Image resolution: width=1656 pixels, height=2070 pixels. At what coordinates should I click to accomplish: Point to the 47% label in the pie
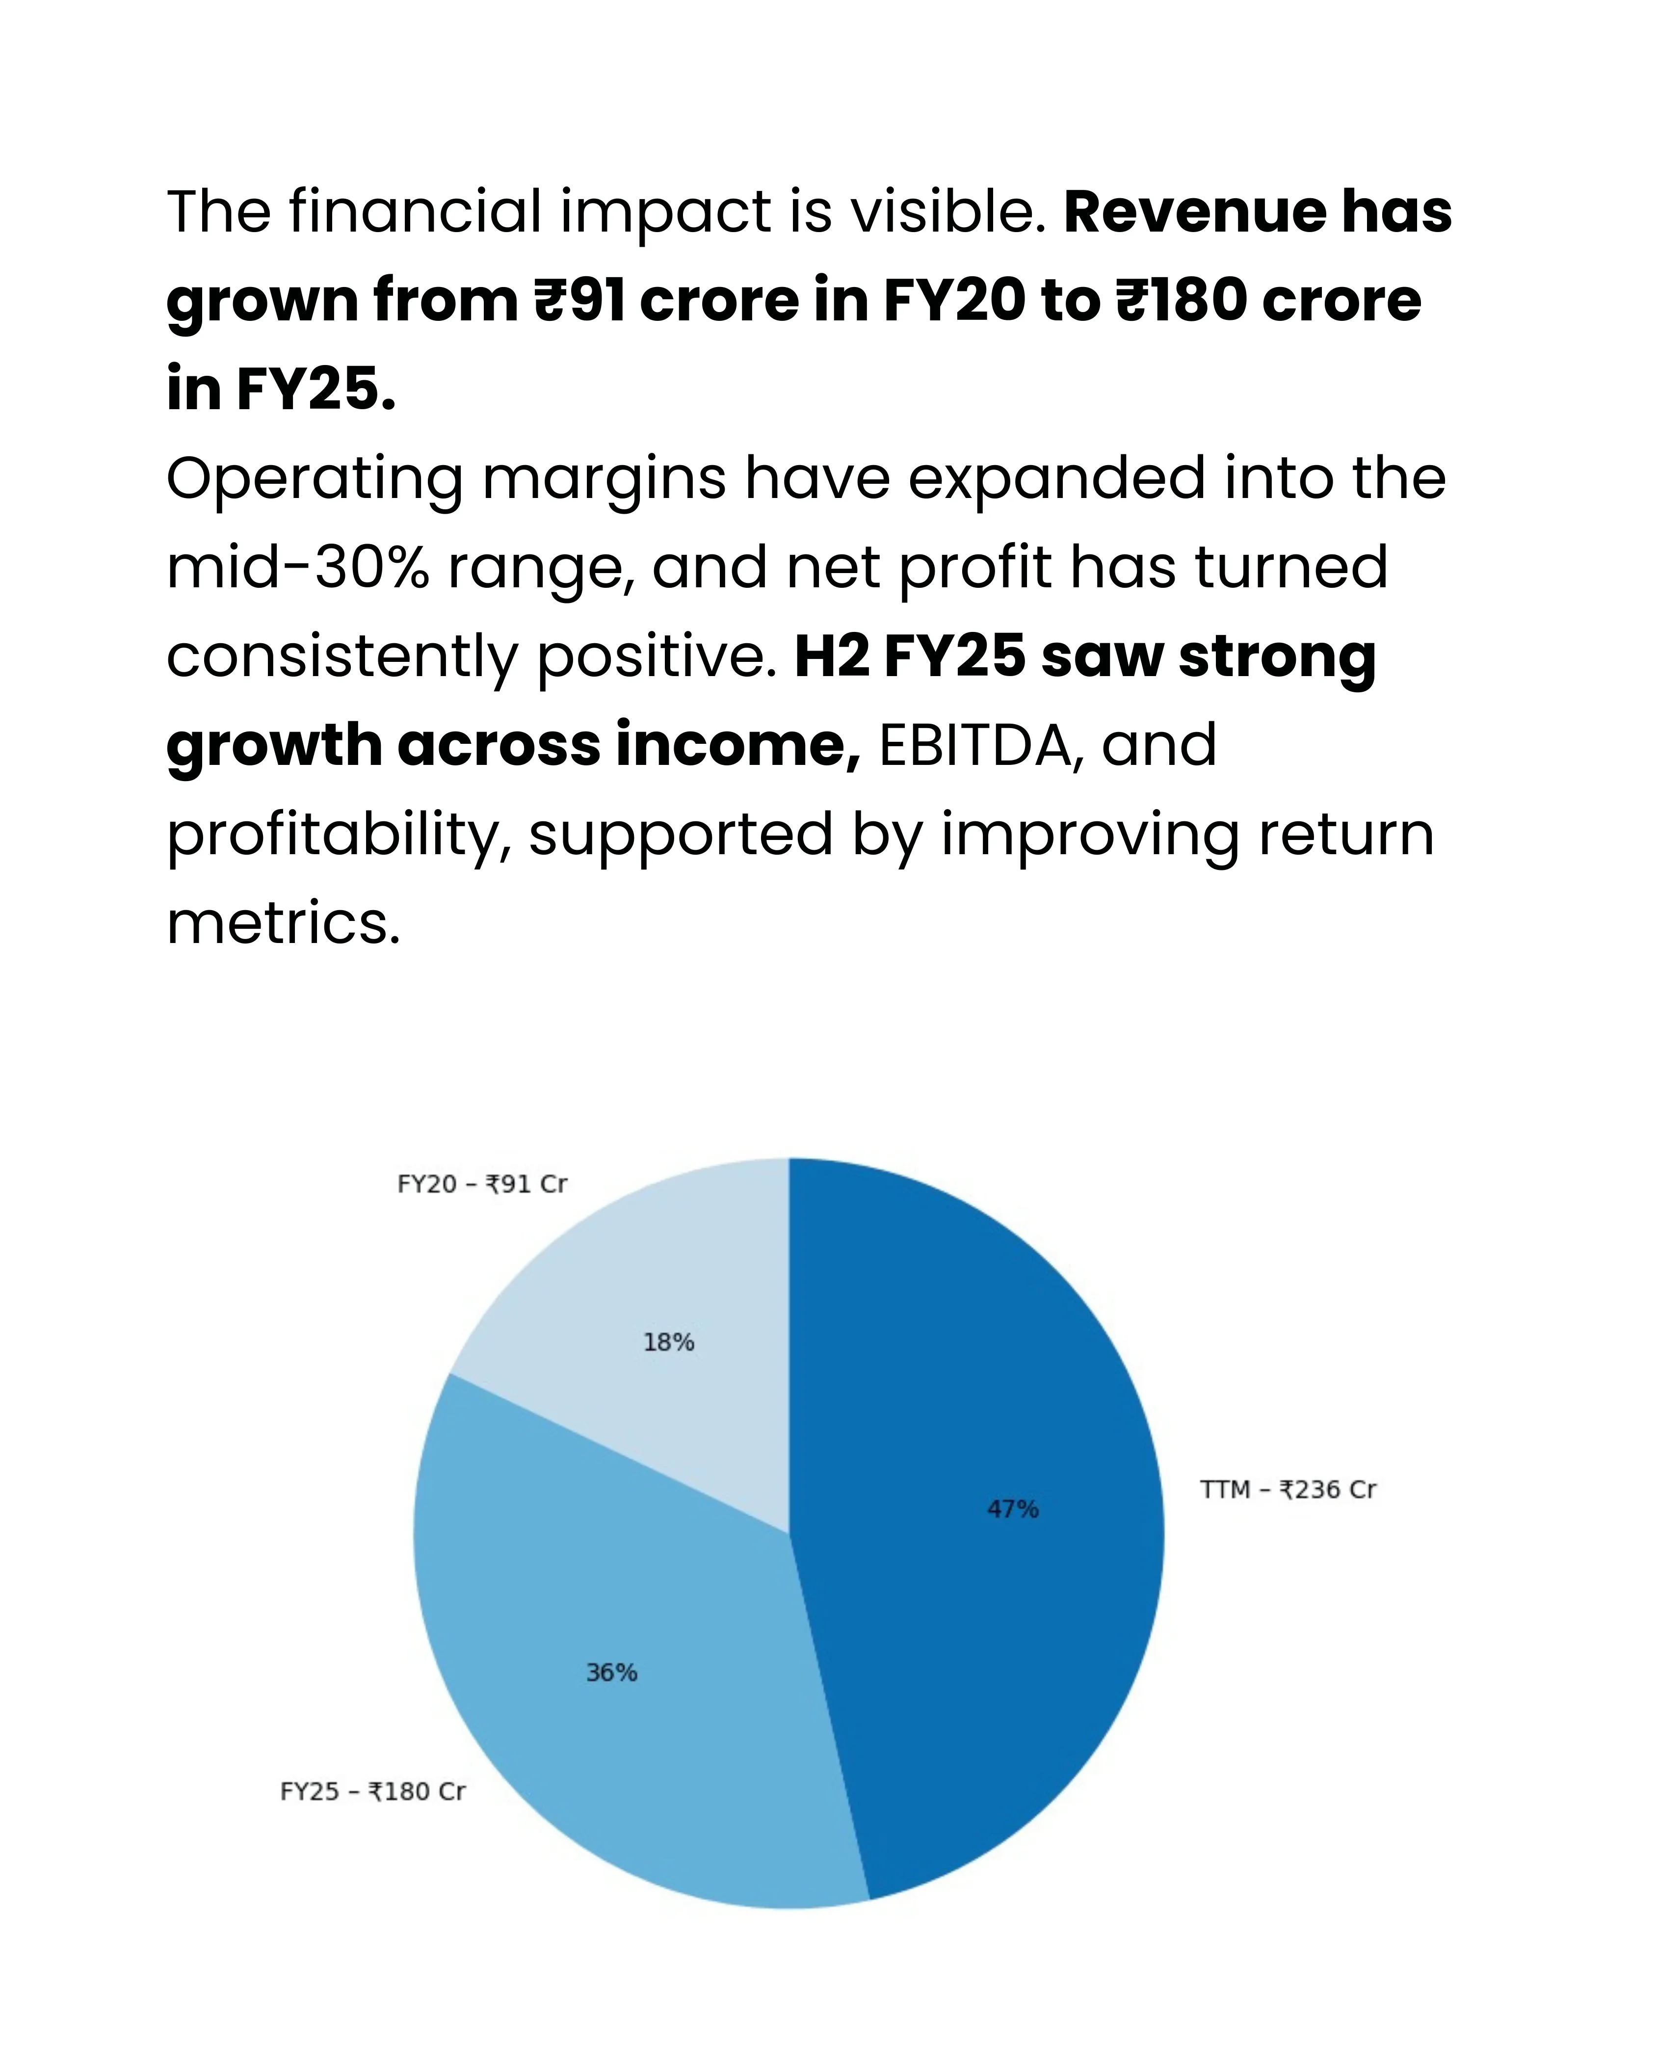pyautogui.click(x=1013, y=1509)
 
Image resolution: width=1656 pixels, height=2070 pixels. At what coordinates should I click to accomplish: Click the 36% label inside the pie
pyautogui.click(x=611, y=1673)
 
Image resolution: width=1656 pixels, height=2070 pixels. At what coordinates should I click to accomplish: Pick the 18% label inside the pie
pyautogui.click(x=668, y=1342)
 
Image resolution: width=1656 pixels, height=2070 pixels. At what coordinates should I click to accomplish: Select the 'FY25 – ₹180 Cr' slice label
pyautogui.click(x=372, y=1792)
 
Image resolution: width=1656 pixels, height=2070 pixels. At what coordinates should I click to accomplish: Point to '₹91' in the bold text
pyautogui.click(x=580, y=300)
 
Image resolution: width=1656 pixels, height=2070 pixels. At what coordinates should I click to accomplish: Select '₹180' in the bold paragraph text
pyautogui.click(x=1180, y=300)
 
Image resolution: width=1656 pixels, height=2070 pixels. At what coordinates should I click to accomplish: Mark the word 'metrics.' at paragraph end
pyautogui.click(x=283, y=924)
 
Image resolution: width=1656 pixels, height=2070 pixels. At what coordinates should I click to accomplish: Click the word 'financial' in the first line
pyautogui.click(x=415, y=211)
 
